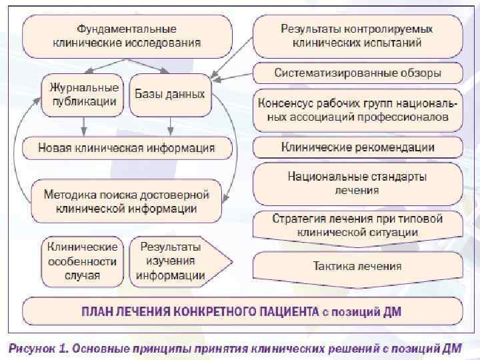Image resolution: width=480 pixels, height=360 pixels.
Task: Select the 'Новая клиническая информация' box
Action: point(127,147)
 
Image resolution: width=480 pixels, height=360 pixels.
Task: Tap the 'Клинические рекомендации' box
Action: point(357,147)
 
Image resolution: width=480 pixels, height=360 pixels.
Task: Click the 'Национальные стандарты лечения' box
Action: point(357,183)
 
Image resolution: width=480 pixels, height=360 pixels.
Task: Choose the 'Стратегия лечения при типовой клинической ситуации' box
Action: point(357,225)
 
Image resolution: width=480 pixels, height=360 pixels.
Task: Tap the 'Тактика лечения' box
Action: point(357,266)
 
